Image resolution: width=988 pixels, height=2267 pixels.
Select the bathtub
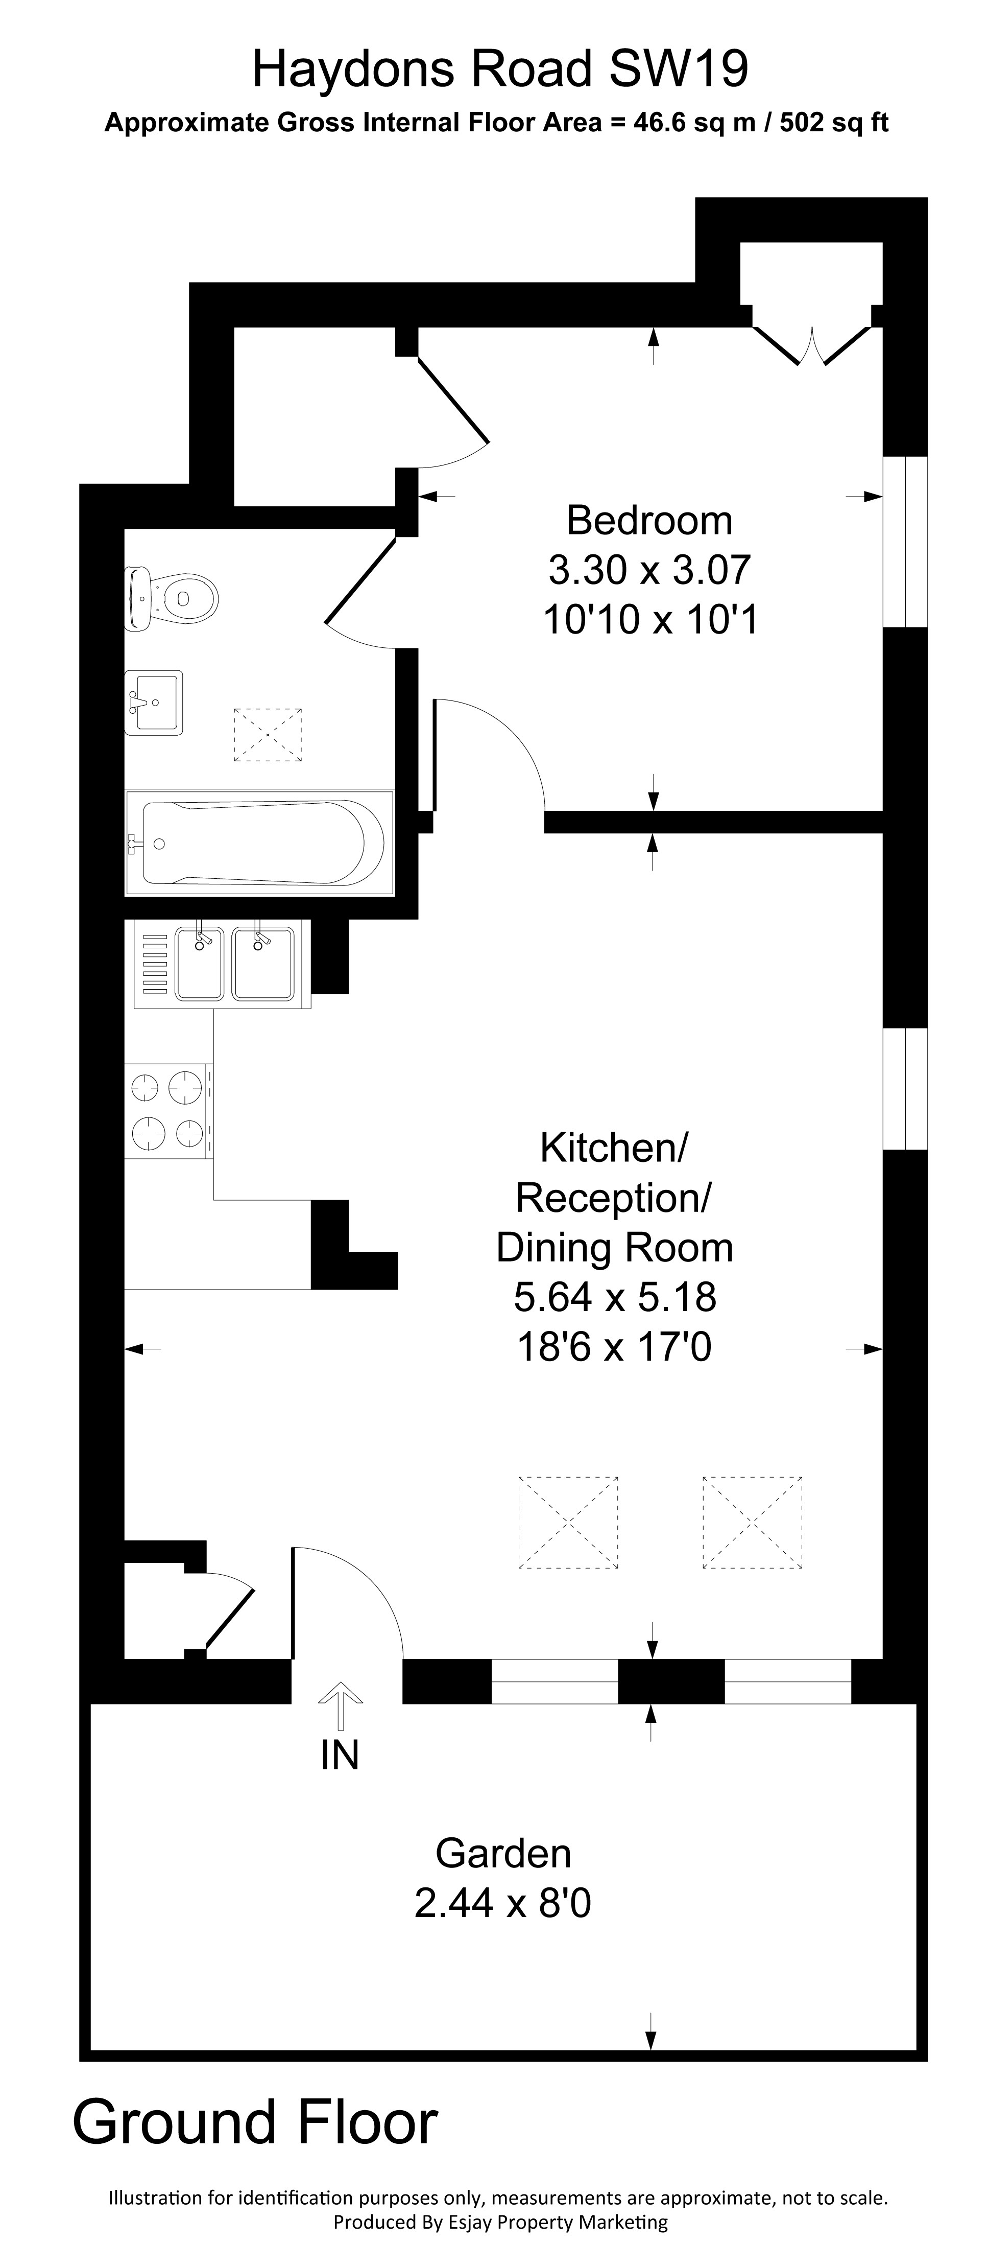tap(255, 842)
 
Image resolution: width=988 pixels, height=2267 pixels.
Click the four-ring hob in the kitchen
tap(167, 1111)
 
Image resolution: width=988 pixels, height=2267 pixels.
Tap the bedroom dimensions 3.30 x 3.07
tap(649, 569)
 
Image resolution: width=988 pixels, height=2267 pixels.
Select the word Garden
tap(503, 1853)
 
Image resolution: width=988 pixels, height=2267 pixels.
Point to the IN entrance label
tap(340, 1756)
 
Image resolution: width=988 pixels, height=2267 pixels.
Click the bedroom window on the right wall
tap(904, 541)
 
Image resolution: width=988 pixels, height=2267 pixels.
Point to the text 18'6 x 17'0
tap(614, 1346)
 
